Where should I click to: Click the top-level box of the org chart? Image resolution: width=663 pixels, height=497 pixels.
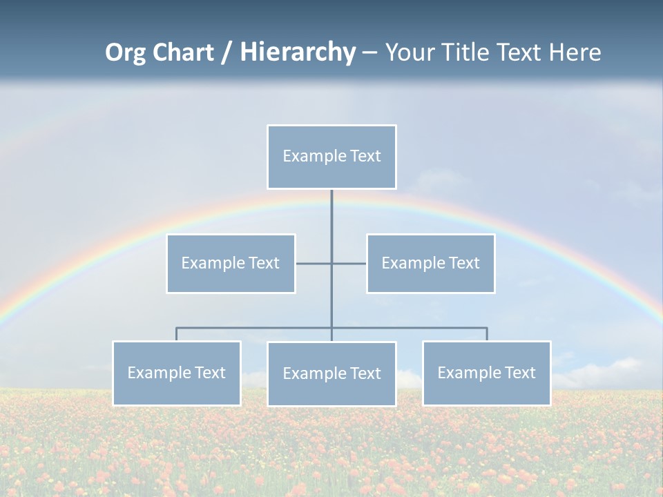pos(331,157)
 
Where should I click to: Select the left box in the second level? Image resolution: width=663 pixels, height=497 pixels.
pos(231,264)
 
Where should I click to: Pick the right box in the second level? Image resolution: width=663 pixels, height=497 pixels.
pos(430,264)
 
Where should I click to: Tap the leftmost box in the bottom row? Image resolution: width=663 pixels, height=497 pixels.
pos(177,373)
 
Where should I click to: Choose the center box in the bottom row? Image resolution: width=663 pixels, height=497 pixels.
pos(331,374)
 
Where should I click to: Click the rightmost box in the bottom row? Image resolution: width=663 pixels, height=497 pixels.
pos(486,373)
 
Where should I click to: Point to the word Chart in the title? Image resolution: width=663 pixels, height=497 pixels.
pos(182,52)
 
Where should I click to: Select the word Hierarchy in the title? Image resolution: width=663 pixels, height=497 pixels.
pos(298,52)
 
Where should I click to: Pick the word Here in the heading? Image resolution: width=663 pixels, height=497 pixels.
pos(575,52)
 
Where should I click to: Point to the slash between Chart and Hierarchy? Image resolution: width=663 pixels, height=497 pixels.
pos(227,53)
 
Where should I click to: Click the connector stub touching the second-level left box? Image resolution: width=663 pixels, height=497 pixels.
pos(313,264)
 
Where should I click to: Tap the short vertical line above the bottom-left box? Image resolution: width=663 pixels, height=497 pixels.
pos(177,334)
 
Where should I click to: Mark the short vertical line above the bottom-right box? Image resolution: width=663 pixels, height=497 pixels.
pos(486,334)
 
